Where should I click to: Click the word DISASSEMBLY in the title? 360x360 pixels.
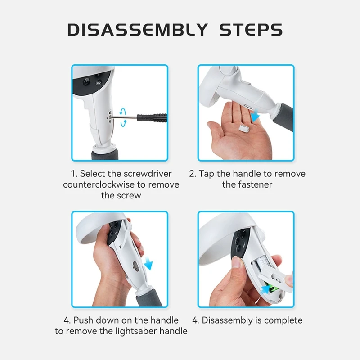tap(138, 30)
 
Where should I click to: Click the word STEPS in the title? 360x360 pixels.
tap(251, 30)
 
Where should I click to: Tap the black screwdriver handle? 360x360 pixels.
tap(152, 117)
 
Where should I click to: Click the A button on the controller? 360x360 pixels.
tap(86, 81)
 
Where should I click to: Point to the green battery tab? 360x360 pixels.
tap(273, 288)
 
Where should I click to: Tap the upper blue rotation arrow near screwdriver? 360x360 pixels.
tap(123, 111)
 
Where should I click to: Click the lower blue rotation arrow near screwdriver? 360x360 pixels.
tap(123, 123)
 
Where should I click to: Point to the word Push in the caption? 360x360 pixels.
tap(83, 320)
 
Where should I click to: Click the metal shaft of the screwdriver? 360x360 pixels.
tap(125, 117)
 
